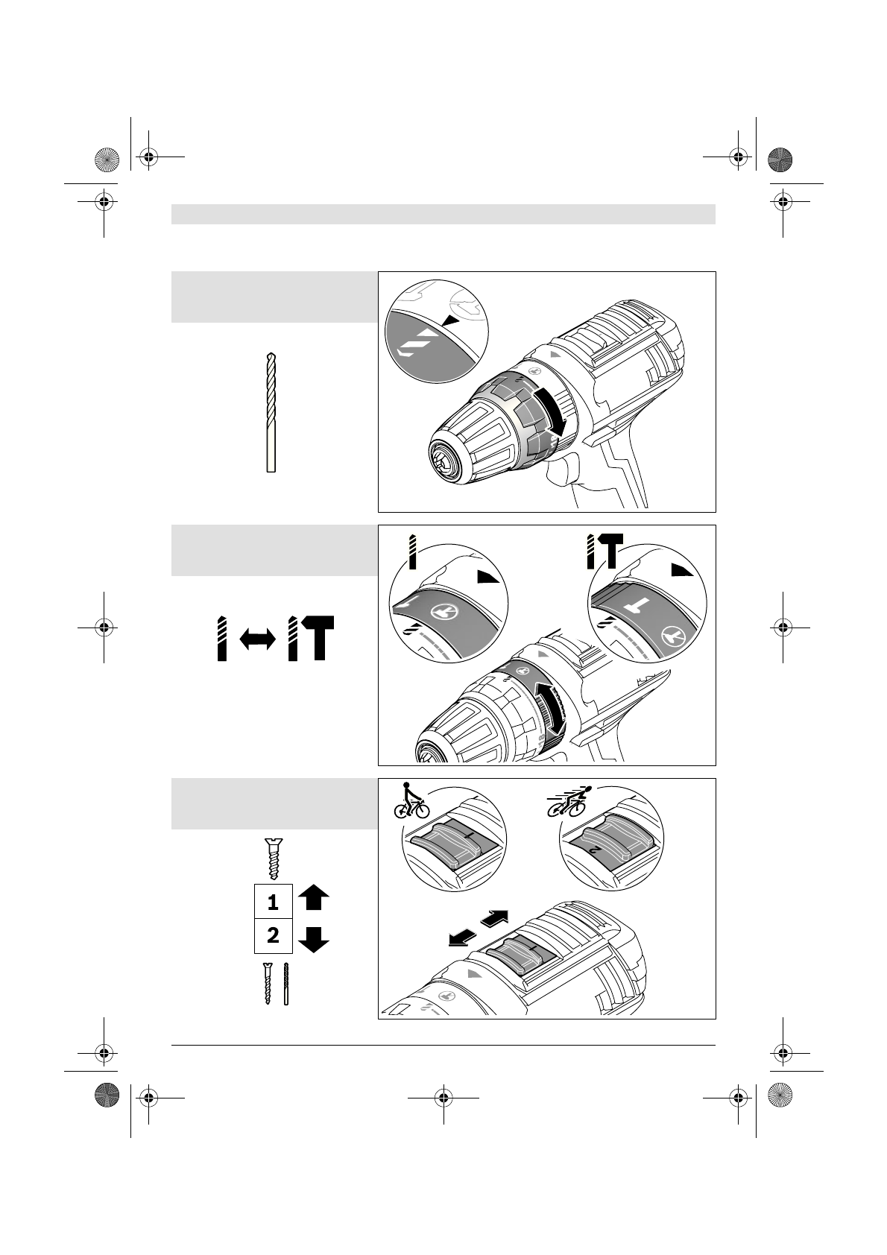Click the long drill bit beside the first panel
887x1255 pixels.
pyautogui.click(x=271, y=412)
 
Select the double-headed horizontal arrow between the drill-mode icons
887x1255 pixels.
pyautogui.click(x=257, y=639)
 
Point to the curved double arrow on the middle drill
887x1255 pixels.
pyautogui.click(x=552, y=709)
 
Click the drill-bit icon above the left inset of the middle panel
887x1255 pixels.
pyautogui.click(x=410, y=551)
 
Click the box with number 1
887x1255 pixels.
pyautogui.click(x=273, y=902)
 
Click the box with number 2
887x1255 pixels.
pyautogui.click(x=273, y=935)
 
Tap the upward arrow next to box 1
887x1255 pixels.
pyautogui.click(x=313, y=897)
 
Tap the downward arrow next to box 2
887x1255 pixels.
pyautogui.click(x=313, y=941)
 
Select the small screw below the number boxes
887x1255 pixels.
pyautogui.click(x=267, y=983)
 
